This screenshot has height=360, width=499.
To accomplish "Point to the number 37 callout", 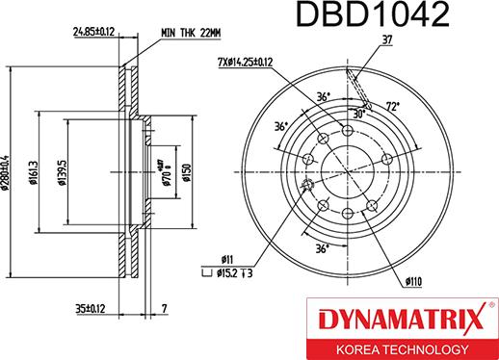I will click(x=389, y=40).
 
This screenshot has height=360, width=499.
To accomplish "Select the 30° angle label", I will click(x=358, y=113).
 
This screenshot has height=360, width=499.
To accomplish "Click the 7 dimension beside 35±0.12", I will click(x=165, y=310).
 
